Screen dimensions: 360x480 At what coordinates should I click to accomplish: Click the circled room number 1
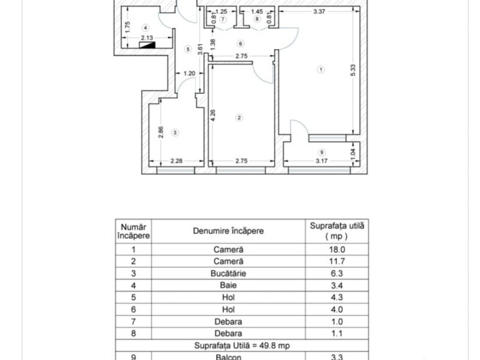coord(321,70)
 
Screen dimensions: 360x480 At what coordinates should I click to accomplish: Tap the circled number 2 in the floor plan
coord(239,117)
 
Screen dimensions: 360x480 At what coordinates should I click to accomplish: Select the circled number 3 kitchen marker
coord(175,132)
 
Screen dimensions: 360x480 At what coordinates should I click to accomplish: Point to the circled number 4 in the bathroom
coord(145,28)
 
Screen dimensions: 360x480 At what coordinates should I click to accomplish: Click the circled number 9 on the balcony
coord(322,152)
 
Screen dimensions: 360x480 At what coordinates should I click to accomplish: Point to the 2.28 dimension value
coord(176,161)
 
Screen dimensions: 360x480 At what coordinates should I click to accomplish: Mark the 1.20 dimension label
coord(189,74)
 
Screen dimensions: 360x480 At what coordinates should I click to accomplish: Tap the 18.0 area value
coord(337,249)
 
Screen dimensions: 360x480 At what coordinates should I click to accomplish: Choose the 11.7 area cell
coord(337,261)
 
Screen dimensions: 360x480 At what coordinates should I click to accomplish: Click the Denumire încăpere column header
coord(228,230)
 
